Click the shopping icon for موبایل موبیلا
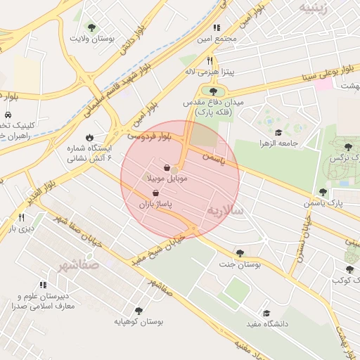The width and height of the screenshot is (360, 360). click(x=166, y=168)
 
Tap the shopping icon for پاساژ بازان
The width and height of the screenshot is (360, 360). click(x=155, y=191)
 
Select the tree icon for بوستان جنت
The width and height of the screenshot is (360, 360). click(x=240, y=253)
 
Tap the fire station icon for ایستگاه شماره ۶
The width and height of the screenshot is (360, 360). click(x=89, y=137)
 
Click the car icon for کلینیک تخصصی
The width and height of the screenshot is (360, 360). click(x=7, y=114)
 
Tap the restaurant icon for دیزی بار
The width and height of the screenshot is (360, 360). click(x=21, y=217)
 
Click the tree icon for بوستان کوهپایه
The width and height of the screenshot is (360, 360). click(x=138, y=310)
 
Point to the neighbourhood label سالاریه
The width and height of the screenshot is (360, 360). click(x=225, y=210)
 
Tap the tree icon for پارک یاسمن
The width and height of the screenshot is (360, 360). click(x=323, y=191)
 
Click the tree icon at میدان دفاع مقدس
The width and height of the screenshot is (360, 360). click(x=213, y=90)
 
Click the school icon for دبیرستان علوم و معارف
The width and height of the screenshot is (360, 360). click(x=43, y=285)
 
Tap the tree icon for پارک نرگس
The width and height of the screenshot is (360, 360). click(x=348, y=147)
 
